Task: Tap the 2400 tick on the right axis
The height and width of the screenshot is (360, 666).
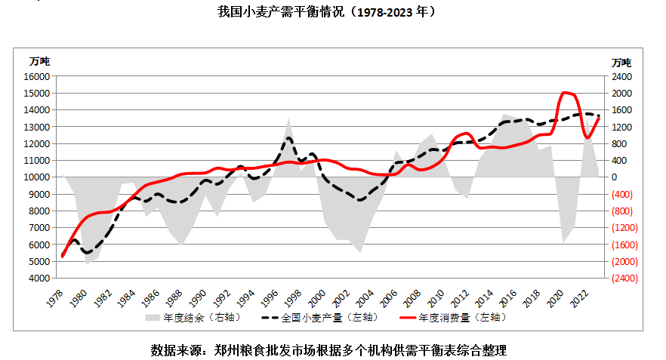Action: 621,76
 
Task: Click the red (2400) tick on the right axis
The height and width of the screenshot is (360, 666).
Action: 623,278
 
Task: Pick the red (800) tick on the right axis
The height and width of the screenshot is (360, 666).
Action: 621,211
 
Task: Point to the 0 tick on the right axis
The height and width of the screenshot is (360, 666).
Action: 615,177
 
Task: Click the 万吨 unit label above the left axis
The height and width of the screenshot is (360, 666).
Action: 39,61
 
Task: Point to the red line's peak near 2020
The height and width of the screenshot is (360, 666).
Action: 566,93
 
